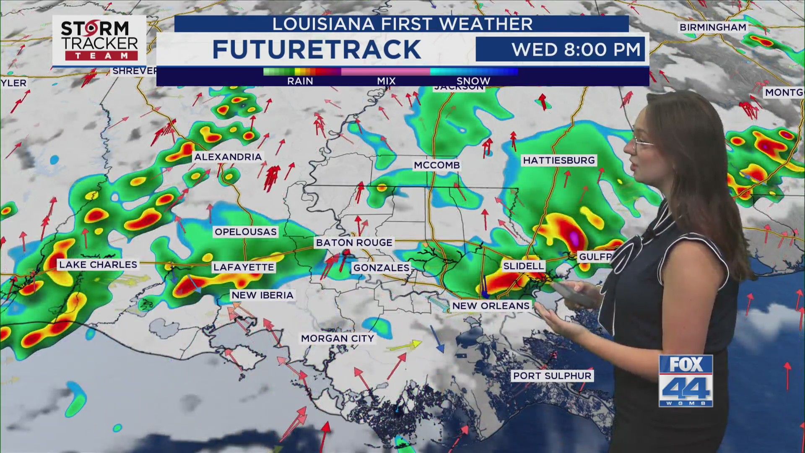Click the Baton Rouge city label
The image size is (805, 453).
pos(354,242)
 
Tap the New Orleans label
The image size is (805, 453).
pos(491,306)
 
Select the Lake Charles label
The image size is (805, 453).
pos(98,265)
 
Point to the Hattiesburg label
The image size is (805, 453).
pos(559,160)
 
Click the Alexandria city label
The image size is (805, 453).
pos(228,157)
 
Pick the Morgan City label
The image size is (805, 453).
pos(338,338)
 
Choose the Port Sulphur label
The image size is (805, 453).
pos(552,376)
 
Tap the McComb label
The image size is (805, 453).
pos(437,165)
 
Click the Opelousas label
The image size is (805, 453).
pos(246,232)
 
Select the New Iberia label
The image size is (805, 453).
pos(262,295)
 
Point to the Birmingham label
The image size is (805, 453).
pos(713,27)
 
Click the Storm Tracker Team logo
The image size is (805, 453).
pos(99,41)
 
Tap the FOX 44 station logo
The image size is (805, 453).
pos(686,381)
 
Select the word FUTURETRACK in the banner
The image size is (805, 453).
pos(317,49)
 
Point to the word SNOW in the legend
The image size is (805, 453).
pos(473,81)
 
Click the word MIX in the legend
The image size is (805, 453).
pos(386,81)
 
